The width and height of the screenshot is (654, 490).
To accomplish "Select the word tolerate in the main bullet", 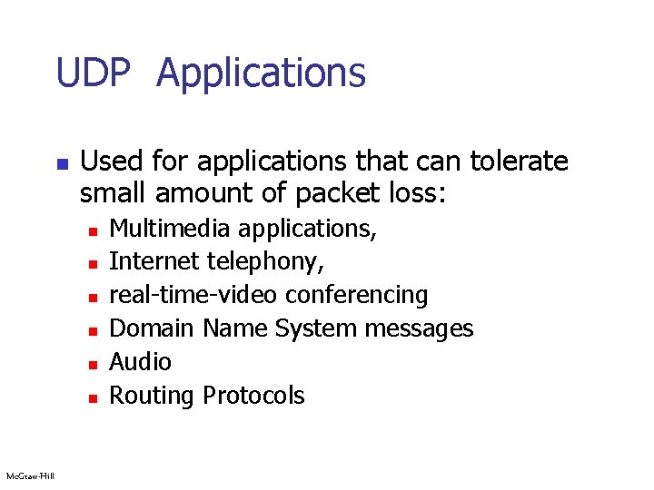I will (519, 162).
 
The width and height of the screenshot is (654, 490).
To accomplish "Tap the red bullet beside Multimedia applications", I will (92, 230).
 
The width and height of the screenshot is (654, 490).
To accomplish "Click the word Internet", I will (154, 261).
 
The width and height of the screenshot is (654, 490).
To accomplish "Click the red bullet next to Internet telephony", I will (92, 264).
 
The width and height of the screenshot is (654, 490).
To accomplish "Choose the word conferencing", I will (356, 295).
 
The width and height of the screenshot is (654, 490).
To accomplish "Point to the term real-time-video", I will (194, 295).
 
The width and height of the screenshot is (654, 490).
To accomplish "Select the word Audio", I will (140, 361).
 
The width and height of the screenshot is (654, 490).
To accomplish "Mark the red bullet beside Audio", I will (92, 364).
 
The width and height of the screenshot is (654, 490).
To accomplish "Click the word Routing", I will (152, 396).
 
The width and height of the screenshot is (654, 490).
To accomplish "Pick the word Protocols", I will (253, 395).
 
